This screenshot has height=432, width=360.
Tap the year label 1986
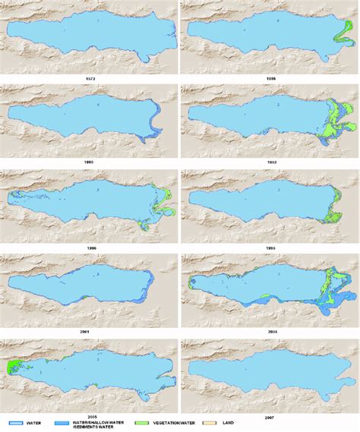(x=270, y=78)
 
